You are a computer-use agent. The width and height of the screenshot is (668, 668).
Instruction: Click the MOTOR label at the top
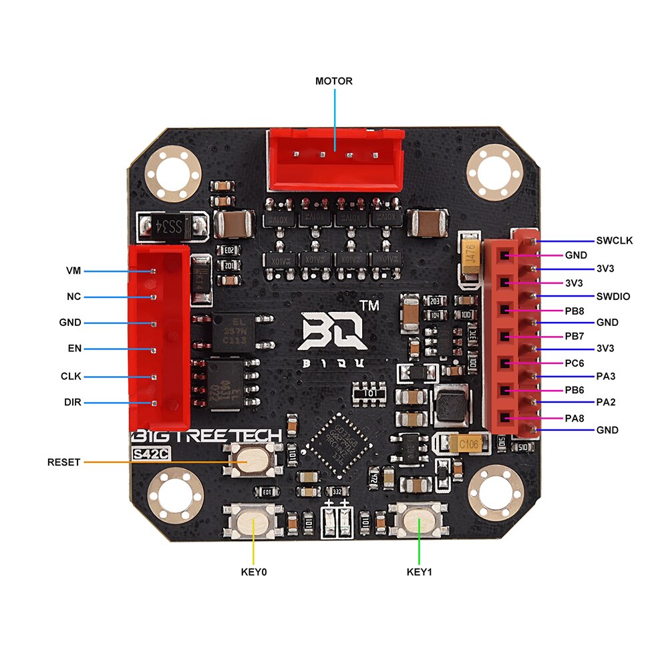point(334,81)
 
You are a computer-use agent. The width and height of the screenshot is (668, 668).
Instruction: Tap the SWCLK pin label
point(614,241)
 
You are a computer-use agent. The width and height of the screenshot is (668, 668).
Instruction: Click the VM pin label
point(73,271)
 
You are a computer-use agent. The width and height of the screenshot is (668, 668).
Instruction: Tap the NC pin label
point(73,297)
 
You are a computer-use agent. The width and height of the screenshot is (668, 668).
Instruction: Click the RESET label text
point(64,462)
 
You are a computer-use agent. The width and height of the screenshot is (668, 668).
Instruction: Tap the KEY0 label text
point(253,572)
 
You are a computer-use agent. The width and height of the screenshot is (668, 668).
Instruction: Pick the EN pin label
point(73,349)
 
